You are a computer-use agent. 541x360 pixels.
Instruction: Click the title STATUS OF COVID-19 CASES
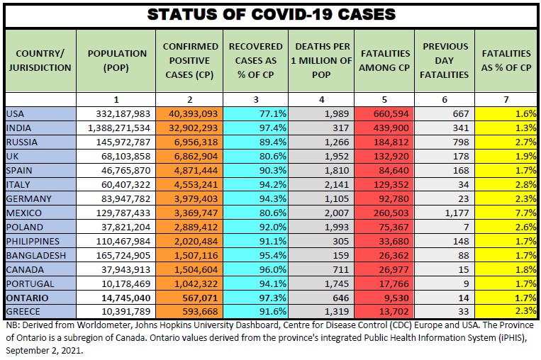270,13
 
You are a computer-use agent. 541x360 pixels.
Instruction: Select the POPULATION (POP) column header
116,60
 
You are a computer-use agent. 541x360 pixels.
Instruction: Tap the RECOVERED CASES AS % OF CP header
256,60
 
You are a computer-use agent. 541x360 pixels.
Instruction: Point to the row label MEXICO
23,213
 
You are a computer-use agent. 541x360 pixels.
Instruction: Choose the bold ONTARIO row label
27,298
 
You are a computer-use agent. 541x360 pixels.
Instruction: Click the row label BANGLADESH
35,255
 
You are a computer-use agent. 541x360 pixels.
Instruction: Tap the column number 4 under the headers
321,100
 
